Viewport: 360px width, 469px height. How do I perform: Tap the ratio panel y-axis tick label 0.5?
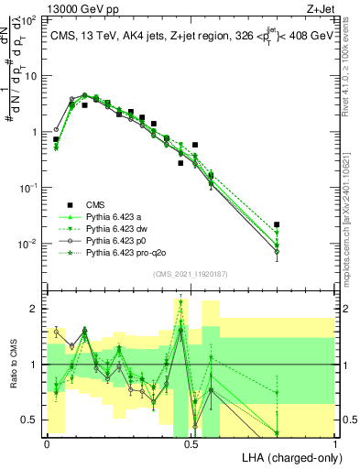[30, 420]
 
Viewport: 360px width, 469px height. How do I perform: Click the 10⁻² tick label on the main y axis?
[30, 244]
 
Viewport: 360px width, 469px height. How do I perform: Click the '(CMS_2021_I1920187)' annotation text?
[191, 273]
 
